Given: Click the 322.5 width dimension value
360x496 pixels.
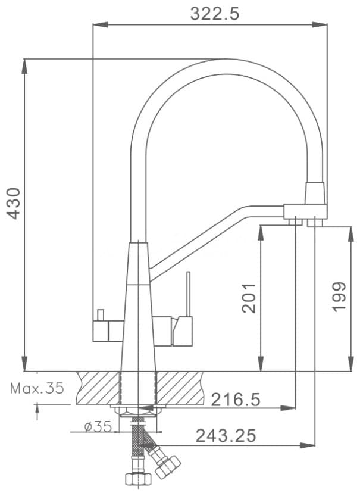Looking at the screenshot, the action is point(215,14).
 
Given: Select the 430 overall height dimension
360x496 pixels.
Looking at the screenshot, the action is point(14,204).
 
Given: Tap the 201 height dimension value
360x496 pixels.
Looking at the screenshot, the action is point(248,298).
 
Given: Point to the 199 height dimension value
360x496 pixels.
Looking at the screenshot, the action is point(339,297).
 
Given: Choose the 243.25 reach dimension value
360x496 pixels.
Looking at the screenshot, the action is point(226,436).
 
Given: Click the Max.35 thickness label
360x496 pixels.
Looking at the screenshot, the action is point(37,388).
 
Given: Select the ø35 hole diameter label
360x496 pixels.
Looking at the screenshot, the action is point(98,427).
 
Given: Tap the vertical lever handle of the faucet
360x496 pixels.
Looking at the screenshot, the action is point(189,294).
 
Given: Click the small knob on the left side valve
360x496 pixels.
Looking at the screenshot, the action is point(101,315).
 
